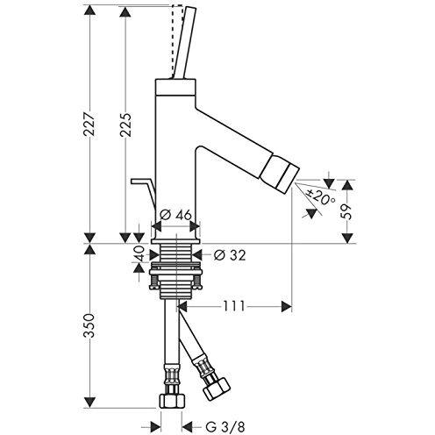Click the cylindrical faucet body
click(x=176, y=158)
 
